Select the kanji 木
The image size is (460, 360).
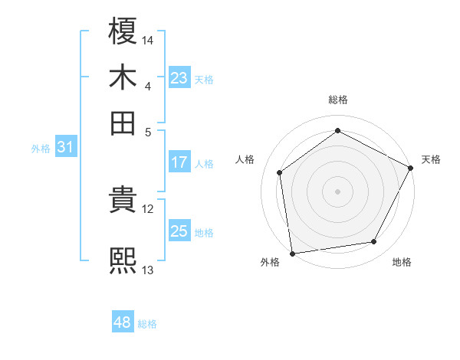(x=123, y=77)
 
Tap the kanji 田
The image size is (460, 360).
(x=123, y=123)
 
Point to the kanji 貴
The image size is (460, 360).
(x=123, y=201)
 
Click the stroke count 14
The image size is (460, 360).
(x=148, y=39)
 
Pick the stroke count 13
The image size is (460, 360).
(x=148, y=270)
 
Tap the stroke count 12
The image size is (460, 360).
(x=148, y=208)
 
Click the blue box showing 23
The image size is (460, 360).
(x=179, y=78)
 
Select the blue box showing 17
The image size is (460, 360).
(x=179, y=162)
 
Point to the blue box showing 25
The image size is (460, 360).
(x=179, y=231)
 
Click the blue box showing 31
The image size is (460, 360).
(x=65, y=148)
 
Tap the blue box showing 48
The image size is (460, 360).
(x=122, y=322)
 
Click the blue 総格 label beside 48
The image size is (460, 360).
(x=147, y=324)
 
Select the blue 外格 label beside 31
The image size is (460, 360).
(x=41, y=149)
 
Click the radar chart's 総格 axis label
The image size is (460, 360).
(x=337, y=100)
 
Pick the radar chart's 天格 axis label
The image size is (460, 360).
(x=431, y=159)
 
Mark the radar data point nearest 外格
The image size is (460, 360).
(x=292, y=253)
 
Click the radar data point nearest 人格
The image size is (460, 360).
(x=280, y=172)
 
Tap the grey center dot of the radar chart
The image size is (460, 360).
(x=337, y=191)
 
